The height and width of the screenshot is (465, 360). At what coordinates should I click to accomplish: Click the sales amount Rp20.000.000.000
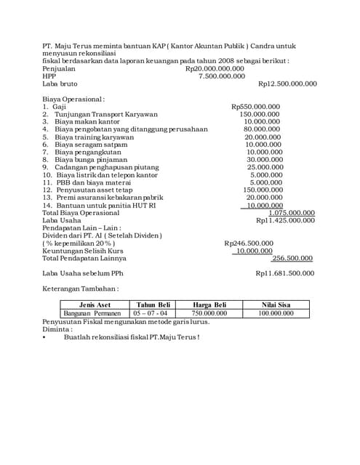215,68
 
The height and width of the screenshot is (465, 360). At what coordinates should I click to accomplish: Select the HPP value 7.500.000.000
222,76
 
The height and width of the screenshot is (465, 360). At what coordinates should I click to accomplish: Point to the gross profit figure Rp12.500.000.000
287,84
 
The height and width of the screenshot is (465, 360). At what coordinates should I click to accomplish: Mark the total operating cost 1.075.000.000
291,213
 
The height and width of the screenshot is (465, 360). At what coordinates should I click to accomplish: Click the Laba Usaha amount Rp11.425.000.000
285,220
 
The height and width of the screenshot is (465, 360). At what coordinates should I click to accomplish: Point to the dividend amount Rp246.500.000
249,243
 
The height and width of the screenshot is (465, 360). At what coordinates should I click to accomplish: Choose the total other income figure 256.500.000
292,258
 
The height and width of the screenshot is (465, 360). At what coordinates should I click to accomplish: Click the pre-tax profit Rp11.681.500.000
285,273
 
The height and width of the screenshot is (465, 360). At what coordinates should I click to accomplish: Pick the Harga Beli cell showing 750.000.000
209,313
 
